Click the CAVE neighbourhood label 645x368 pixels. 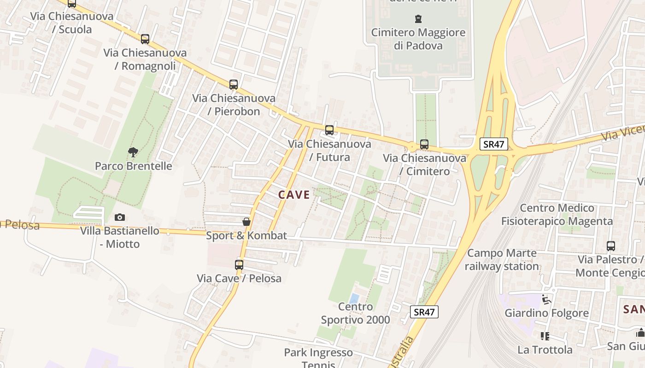(294, 195)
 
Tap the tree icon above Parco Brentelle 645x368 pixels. (133, 152)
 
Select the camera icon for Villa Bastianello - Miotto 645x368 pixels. (120, 217)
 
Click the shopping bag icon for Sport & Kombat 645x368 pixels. (246, 222)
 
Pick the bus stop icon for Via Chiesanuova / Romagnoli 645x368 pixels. (145, 39)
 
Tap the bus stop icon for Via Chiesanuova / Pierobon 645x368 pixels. (234, 85)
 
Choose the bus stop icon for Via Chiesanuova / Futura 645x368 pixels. (329, 130)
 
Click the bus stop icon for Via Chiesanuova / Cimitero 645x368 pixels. (424, 144)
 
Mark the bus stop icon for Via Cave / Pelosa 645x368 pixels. (239, 265)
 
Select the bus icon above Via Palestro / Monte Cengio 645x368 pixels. (611, 246)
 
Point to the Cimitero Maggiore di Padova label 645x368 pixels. (418, 39)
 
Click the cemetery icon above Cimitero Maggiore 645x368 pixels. (418, 19)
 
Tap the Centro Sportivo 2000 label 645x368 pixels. (355, 313)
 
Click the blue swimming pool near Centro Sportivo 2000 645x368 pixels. (354, 299)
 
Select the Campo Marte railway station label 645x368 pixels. (502, 260)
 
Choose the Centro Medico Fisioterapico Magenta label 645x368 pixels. (557, 215)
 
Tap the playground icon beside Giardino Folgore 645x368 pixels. (547, 299)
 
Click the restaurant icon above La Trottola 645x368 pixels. (545, 336)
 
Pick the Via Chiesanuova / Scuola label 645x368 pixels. (72, 23)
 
